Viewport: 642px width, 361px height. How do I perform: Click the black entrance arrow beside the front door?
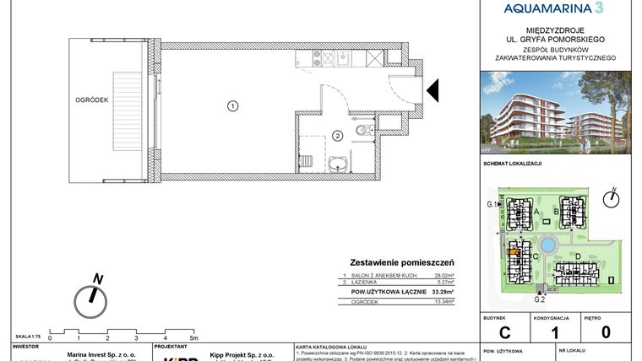click(x=431, y=89)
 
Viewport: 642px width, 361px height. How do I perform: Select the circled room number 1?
click(x=231, y=105)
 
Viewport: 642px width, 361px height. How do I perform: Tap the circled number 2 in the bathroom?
click(x=336, y=135)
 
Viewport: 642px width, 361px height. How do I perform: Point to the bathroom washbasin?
click(x=340, y=164)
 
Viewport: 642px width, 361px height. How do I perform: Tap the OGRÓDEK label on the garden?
click(x=89, y=100)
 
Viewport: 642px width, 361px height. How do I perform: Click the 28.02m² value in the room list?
click(x=443, y=276)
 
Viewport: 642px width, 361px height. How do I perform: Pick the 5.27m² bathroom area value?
click(x=444, y=283)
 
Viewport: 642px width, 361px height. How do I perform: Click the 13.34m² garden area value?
click(x=443, y=302)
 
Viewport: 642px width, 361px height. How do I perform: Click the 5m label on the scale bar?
click(x=194, y=337)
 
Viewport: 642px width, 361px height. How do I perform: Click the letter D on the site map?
click(x=578, y=256)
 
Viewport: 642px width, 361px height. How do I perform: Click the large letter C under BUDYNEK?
click(x=504, y=332)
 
